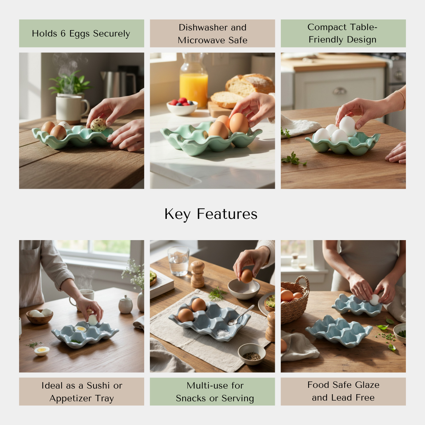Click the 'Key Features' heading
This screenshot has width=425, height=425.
[x=211, y=214]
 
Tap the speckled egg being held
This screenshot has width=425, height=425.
[x=98, y=125]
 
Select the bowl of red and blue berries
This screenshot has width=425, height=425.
[x=182, y=107]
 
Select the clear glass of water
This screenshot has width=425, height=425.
[x=178, y=261]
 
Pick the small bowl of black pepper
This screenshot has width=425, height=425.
[x=251, y=354]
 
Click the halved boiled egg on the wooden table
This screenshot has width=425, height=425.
[x=42, y=351]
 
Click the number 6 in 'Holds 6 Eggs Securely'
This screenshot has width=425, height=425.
[x=63, y=34]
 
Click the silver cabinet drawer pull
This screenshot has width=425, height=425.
[x=340, y=91]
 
